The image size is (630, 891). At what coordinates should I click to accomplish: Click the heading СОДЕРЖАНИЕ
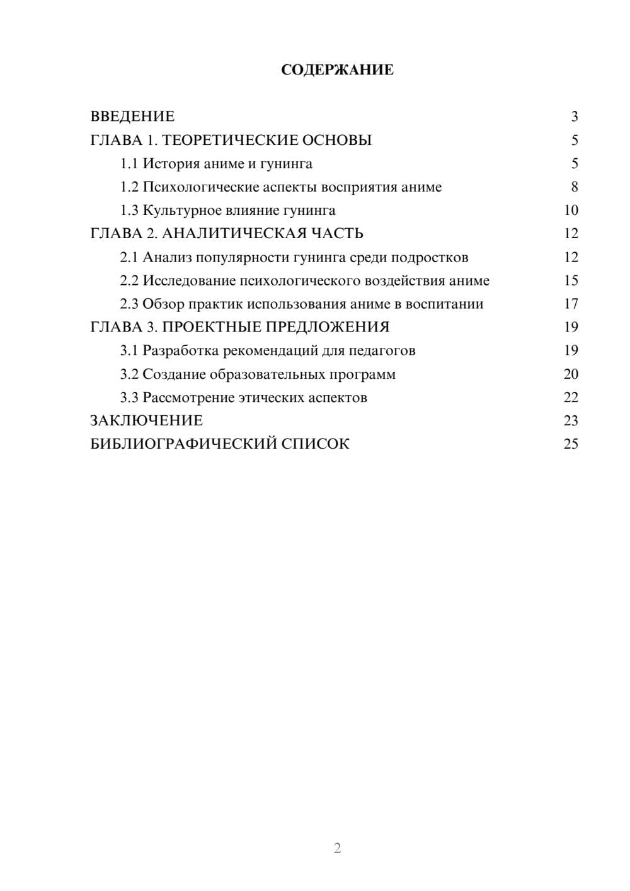[x=337, y=70]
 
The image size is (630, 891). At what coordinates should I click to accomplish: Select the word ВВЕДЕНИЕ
[x=132, y=117]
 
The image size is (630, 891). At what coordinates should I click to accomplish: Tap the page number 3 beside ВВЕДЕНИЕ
[x=575, y=117]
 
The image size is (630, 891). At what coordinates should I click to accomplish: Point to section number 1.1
[x=129, y=164]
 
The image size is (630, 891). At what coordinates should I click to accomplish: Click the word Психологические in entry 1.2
[x=198, y=187]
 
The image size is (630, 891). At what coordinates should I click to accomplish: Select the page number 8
[x=575, y=187]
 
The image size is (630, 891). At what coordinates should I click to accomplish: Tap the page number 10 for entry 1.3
[x=571, y=210]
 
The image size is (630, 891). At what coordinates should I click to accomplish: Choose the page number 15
[x=571, y=280]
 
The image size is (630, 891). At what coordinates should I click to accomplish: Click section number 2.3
[x=129, y=304]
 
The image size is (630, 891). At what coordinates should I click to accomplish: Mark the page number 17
[x=571, y=304]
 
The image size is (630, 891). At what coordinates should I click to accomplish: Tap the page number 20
[x=571, y=374]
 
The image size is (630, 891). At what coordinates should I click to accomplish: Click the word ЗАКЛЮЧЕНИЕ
[x=146, y=421]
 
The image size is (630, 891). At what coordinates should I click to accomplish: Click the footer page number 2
[x=337, y=848]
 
